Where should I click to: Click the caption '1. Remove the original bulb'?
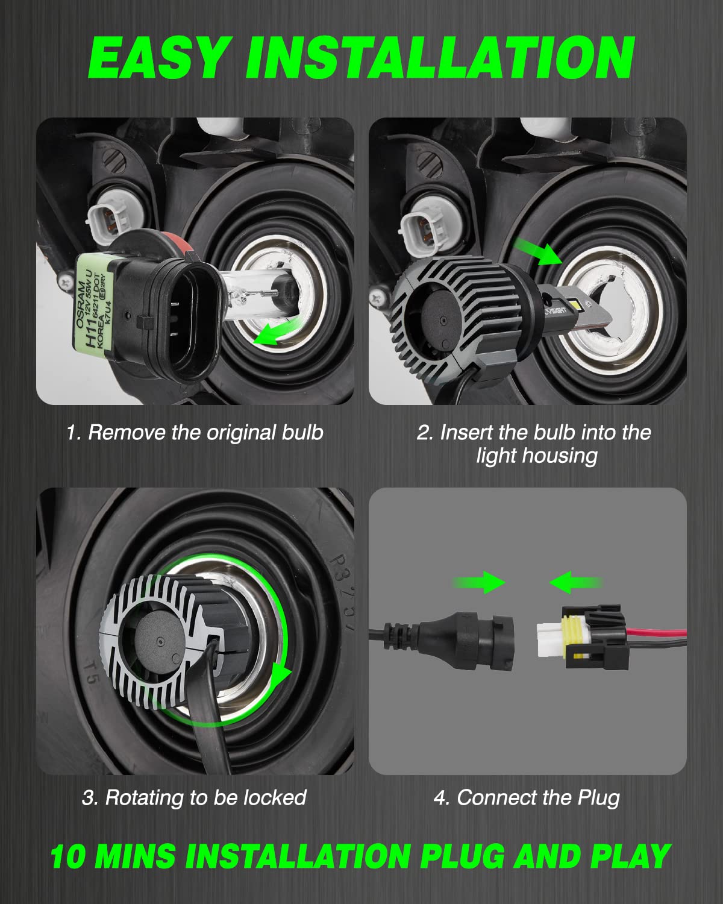195,433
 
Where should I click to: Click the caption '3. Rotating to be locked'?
194,797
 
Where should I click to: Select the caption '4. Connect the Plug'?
527,797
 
